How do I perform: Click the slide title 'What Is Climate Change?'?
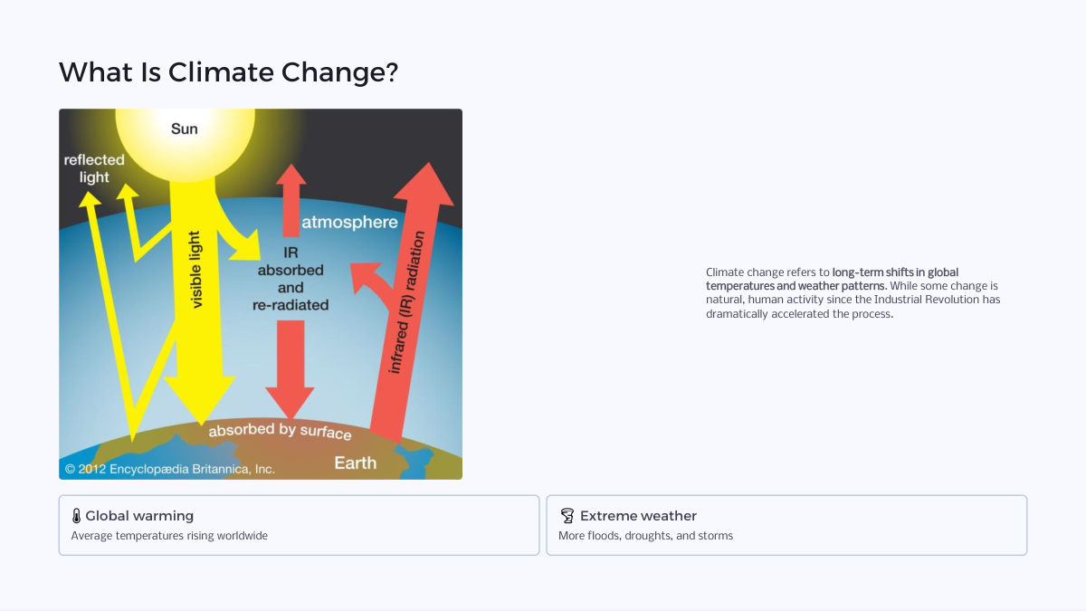(x=228, y=72)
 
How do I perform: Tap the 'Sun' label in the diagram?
(x=185, y=129)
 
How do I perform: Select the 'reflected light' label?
(x=94, y=168)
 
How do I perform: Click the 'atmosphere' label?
(x=349, y=222)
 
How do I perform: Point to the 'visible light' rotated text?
(x=195, y=270)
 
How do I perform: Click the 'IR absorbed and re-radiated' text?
(x=291, y=279)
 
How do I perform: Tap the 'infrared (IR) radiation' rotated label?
(x=407, y=302)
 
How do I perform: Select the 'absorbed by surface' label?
(x=280, y=431)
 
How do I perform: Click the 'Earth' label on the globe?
(x=356, y=463)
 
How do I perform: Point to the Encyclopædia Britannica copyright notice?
(x=170, y=469)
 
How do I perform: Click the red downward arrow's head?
(x=290, y=403)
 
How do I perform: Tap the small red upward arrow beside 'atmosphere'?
(x=291, y=200)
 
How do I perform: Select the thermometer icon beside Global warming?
(x=76, y=516)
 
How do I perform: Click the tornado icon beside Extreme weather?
(x=567, y=515)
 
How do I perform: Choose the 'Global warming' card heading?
(x=139, y=516)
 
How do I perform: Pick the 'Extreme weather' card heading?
(x=639, y=516)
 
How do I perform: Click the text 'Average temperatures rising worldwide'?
(x=169, y=536)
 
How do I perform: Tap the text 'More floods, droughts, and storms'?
(x=646, y=536)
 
